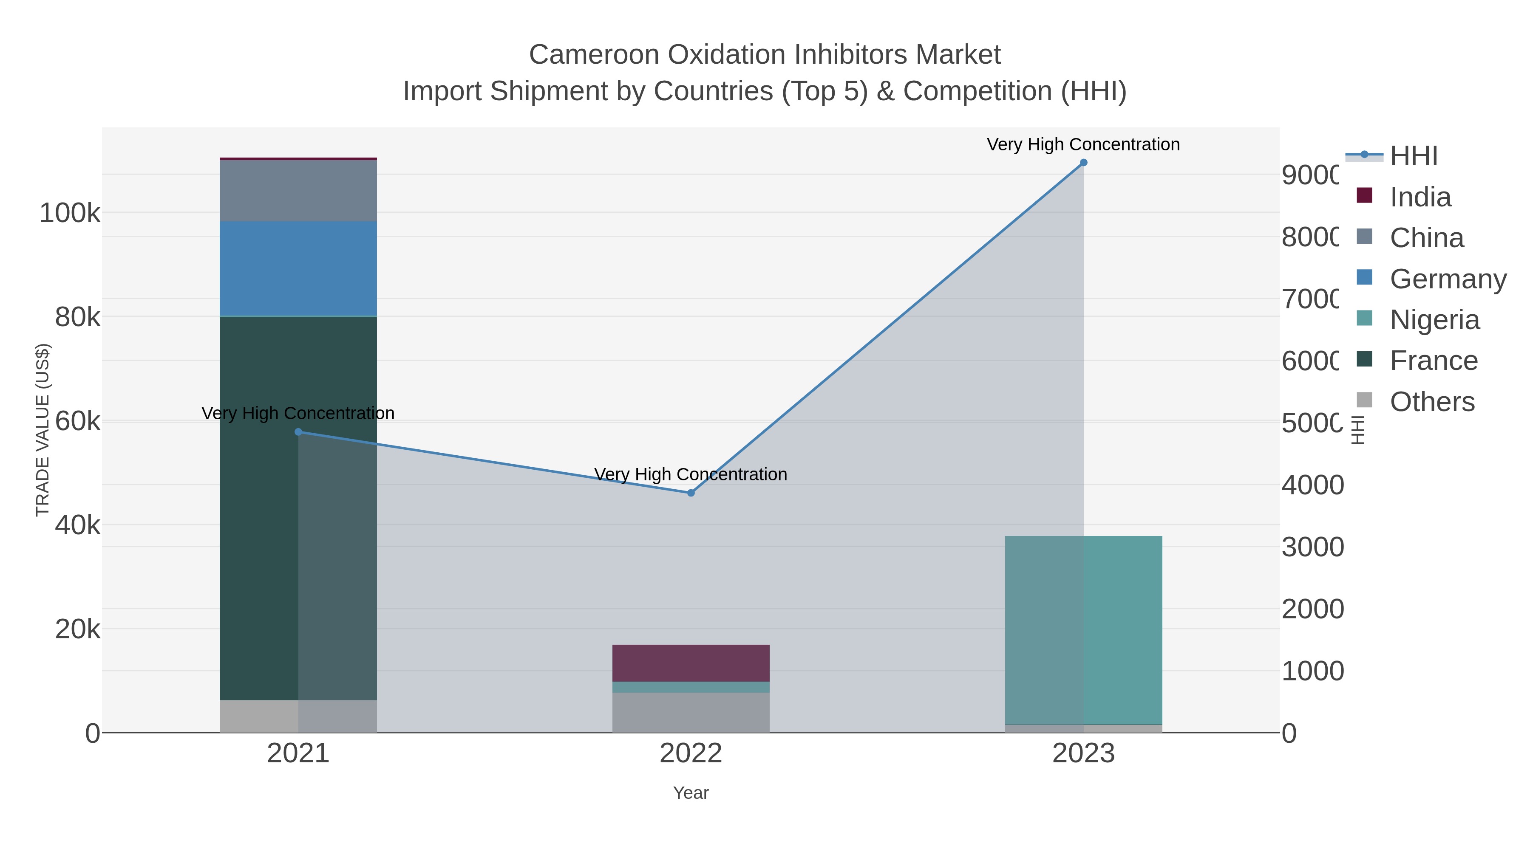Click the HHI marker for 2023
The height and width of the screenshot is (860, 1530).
click(1083, 163)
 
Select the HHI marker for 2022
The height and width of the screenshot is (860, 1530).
click(691, 493)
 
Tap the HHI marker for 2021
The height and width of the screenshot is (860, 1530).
click(298, 432)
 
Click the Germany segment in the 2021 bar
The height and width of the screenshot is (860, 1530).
click(298, 268)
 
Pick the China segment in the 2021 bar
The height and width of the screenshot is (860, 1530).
click(298, 191)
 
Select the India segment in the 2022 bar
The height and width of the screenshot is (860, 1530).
click(691, 663)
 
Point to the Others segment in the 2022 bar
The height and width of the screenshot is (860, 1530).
click(691, 712)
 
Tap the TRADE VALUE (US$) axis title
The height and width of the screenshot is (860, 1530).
click(43, 430)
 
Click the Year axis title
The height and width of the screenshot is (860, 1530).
click(691, 793)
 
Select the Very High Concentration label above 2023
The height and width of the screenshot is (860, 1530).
click(1083, 144)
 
